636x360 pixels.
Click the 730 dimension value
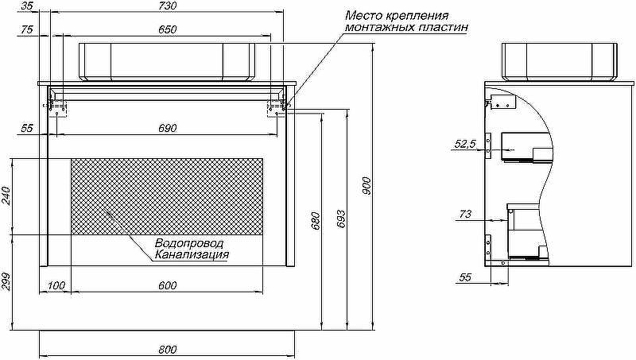[x=167, y=6]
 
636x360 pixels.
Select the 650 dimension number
[x=167, y=29]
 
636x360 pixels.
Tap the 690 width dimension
[x=167, y=128]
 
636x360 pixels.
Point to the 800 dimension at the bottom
[x=167, y=350]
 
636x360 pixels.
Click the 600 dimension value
[x=167, y=286]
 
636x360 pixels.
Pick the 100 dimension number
[x=56, y=286]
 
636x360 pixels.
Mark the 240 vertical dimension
[x=6, y=195]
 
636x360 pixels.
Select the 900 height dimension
[x=366, y=186]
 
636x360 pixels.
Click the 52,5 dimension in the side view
[x=464, y=144]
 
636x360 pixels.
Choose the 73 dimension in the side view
[x=466, y=214]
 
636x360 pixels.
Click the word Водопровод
[x=189, y=243]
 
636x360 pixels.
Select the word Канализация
[x=192, y=255]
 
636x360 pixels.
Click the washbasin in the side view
[x=560, y=61]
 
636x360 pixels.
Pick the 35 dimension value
[x=28, y=6]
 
